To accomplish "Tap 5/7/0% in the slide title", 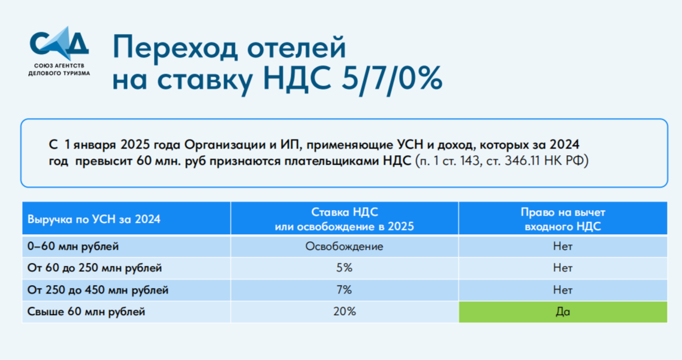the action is click(391, 78).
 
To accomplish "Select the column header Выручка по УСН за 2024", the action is click(94, 219).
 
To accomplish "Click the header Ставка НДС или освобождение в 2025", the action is click(345, 219).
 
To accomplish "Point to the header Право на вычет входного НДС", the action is click(563, 219).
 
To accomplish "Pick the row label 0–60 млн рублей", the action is click(73, 247).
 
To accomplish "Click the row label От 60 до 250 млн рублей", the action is click(94, 268).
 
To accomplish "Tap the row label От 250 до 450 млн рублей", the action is click(98, 290).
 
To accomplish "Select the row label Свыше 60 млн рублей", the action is click(86, 311).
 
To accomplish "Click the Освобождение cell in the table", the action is click(344, 247).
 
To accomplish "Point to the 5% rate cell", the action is click(344, 268).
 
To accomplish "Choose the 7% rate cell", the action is click(344, 290).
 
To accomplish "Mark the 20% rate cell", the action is click(345, 311).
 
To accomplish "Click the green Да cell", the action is click(563, 311).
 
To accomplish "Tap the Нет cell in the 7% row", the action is click(563, 290).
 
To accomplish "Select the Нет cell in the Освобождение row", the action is click(563, 247).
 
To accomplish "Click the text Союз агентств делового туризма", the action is click(59, 69).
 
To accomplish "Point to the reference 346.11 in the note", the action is click(524, 161).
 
